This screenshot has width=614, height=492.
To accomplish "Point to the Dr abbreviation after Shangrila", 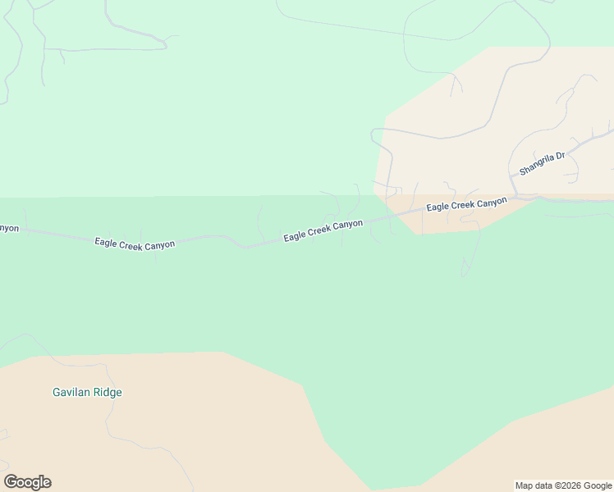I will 561,155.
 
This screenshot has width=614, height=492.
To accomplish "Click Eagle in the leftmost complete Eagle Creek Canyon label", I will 106,242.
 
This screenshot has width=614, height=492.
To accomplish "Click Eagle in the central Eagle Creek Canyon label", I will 295,236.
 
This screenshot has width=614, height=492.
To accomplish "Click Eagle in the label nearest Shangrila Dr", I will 438,207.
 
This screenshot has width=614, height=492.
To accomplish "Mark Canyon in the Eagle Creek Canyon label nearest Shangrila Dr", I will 492,202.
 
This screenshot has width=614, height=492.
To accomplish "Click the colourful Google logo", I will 27,482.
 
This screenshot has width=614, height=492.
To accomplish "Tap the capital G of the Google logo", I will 11,482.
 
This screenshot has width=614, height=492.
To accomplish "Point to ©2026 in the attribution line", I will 569,485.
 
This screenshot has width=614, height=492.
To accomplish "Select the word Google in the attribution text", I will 598,485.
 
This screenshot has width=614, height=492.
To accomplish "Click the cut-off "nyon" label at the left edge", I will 8,229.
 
